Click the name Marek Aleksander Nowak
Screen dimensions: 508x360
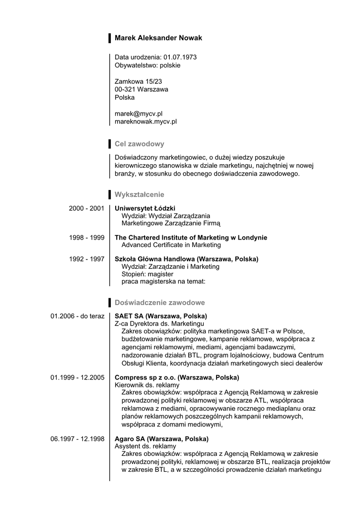click(x=158, y=38)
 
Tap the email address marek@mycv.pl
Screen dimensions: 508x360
click(x=139, y=114)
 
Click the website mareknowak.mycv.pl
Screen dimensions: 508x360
click(x=145, y=121)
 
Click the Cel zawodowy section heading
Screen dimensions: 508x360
click(x=139, y=144)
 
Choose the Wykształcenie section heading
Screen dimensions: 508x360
click(x=139, y=194)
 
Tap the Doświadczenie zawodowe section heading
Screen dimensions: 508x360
click(x=159, y=303)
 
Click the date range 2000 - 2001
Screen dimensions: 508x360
click(x=86, y=208)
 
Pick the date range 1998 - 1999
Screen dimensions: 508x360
click(x=86, y=238)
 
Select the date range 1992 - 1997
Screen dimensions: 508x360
click(x=86, y=259)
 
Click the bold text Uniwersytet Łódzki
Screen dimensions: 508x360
click(x=145, y=208)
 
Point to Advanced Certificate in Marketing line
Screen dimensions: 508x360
click(x=171, y=245)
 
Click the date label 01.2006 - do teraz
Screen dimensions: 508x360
click(x=77, y=316)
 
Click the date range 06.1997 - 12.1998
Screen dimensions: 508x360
click(x=77, y=439)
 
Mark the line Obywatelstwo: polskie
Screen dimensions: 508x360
click(x=147, y=65)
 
